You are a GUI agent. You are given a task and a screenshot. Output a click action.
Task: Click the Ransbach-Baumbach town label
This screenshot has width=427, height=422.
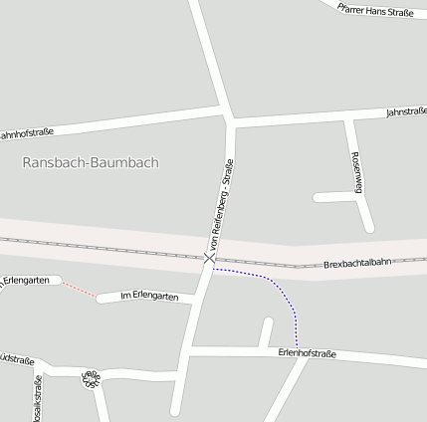pos(91,162)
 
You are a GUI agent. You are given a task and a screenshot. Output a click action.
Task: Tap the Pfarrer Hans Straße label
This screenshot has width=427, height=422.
pos(375,10)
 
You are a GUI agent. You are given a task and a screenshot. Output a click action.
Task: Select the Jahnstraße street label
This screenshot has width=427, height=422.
pos(405,112)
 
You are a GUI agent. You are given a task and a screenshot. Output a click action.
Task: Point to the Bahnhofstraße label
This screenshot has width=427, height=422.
pos(26,133)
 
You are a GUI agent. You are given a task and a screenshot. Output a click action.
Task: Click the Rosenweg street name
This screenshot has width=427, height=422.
pos(357,171)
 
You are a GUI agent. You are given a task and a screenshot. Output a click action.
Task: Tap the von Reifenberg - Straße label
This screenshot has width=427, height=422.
pos(221,204)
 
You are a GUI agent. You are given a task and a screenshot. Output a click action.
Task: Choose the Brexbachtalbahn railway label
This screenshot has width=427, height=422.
pos(359,264)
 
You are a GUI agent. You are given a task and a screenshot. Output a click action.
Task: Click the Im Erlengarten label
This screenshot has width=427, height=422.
pos(148,297)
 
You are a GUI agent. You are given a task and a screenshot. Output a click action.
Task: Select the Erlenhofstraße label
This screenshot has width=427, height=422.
pos(307,353)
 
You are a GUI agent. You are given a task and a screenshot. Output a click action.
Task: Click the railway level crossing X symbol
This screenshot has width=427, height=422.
pos(209,259)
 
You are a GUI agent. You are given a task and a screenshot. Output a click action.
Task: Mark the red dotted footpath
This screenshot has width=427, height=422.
pos(79,290)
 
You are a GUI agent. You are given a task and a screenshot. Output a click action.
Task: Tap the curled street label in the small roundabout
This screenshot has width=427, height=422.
pos(92,379)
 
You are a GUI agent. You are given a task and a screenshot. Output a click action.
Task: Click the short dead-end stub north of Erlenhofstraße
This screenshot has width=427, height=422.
pos(266,332)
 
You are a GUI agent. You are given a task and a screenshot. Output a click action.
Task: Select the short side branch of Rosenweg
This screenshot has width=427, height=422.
pos(335,197)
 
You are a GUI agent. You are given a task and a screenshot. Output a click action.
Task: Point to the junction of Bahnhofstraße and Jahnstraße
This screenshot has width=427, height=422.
pos(230,118)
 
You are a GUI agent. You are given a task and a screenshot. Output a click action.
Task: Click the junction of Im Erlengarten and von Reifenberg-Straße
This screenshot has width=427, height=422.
pos(195,300)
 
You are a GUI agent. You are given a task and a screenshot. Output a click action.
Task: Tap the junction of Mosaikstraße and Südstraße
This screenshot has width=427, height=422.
pos(39,371)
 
